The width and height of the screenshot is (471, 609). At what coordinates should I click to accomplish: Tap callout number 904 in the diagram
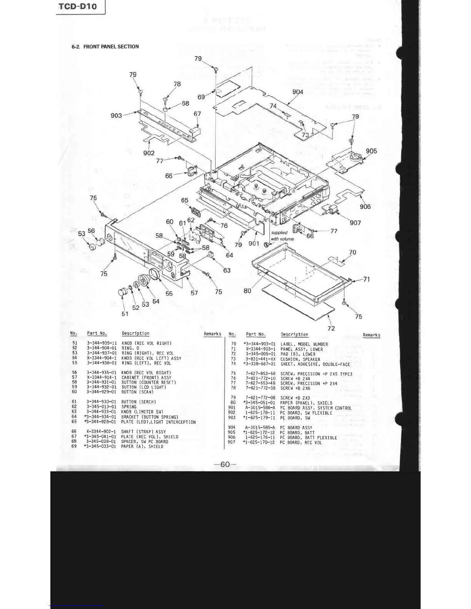tap(298, 92)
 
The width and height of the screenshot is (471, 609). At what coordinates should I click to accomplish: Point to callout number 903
tap(116, 115)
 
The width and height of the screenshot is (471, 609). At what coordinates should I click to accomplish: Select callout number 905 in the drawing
tap(371, 151)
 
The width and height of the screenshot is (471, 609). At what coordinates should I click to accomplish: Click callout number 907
tap(355, 223)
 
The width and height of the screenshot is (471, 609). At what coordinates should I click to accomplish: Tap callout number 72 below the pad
tap(331, 328)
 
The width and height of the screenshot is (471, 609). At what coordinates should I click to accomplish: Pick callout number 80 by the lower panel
tap(247, 291)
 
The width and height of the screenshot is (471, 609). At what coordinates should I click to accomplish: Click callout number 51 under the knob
tap(125, 314)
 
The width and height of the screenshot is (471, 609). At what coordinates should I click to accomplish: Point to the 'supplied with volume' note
tap(282, 236)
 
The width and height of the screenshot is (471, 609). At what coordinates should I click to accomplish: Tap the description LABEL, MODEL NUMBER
tap(304, 344)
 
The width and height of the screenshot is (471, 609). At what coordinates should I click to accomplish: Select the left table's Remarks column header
tap(212, 334)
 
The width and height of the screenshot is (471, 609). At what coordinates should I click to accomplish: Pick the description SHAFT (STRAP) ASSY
tap(144, 432)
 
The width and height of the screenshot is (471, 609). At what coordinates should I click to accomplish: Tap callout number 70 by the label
tap(352, 252)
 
